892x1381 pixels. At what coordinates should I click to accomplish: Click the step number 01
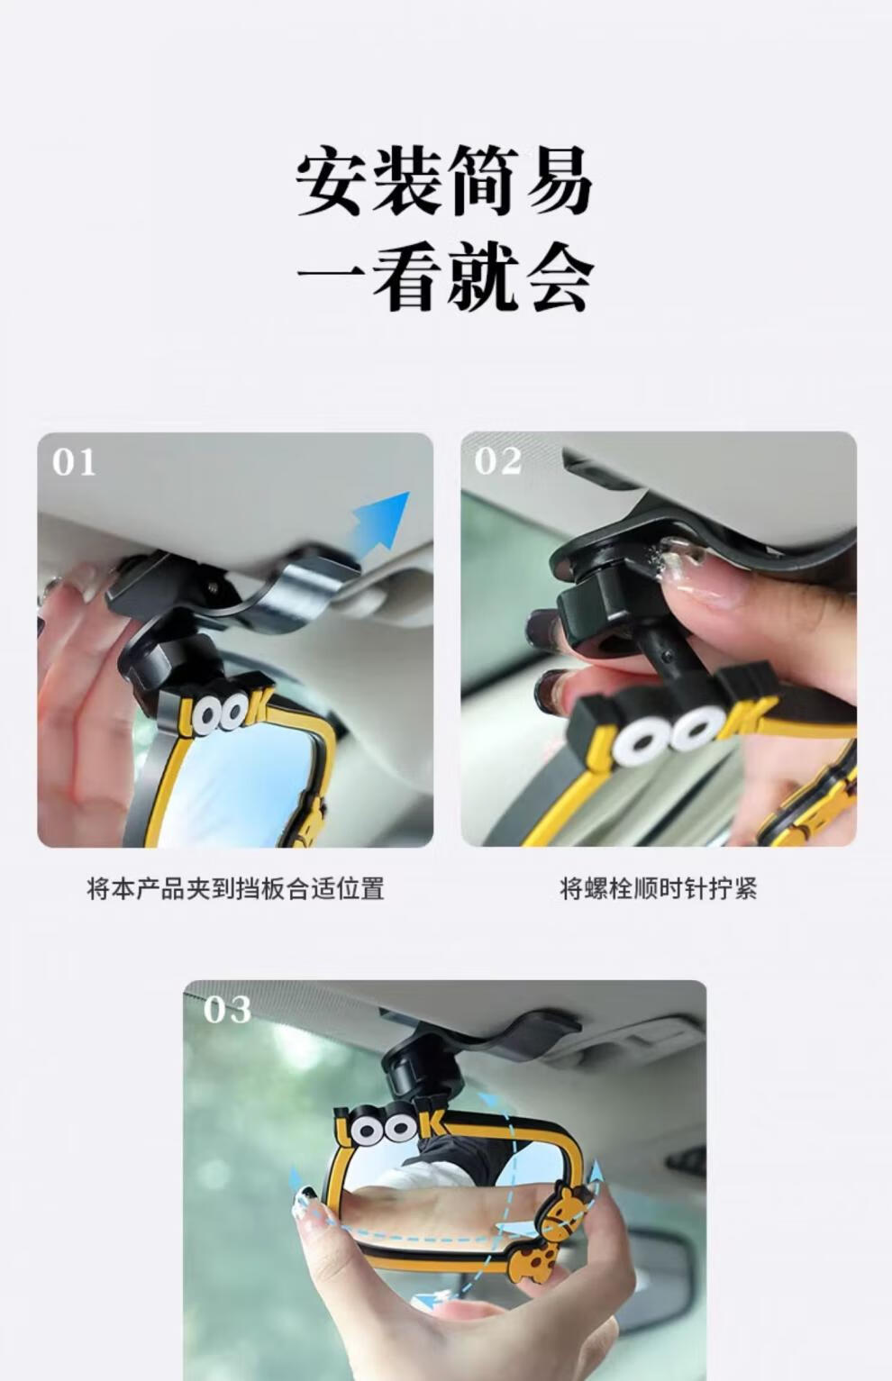point(74,462)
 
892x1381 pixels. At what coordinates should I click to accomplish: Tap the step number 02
point(498,461)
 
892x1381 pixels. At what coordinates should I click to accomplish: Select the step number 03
point(227,1010)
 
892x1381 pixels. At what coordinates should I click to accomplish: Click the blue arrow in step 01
point(379,522)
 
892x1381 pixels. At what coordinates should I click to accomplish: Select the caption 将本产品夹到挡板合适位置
point(235,889)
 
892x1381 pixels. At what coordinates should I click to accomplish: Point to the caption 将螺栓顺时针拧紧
point(659,889)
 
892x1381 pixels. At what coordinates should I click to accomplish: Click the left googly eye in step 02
point(635,745)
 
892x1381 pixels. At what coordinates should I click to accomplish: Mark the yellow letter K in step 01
point(257,706)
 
